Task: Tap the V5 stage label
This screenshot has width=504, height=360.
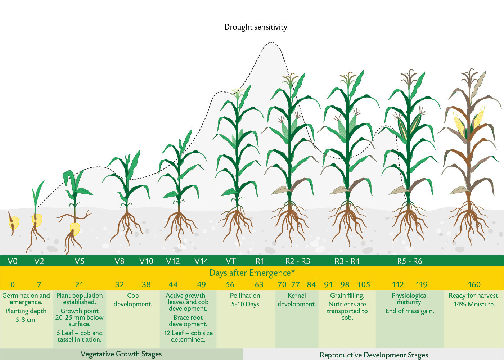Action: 80,261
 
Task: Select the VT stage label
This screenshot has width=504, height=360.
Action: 231,261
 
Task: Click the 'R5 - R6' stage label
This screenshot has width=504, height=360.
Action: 410,261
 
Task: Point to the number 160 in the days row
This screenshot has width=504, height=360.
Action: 474,285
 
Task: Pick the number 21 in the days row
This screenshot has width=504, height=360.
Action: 79,285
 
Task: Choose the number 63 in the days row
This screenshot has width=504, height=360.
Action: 259,285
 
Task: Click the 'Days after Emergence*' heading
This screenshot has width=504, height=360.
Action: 252,273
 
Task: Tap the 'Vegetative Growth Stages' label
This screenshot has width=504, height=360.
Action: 121,354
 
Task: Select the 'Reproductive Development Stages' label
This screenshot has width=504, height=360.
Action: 374,355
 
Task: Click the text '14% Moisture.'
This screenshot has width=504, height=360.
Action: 474,304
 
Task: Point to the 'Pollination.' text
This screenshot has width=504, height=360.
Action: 246,296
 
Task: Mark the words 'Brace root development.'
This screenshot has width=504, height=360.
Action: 188,321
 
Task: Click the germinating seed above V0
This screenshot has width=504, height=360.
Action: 13,222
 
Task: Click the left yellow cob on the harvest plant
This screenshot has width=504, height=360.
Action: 459,125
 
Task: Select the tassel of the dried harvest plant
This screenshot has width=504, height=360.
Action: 469,78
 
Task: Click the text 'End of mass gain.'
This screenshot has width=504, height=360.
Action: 410,311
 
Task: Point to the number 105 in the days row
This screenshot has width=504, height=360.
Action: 364,285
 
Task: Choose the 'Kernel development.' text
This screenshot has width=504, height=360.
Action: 297,300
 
